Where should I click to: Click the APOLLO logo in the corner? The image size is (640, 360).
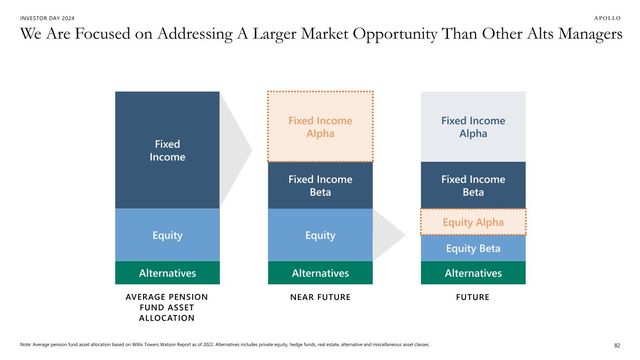coord(607,18)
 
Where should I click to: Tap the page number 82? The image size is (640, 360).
coord(617,345)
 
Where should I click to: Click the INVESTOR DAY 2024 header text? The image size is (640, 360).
coord(47,18)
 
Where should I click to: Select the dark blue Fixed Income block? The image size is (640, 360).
coord(167,150)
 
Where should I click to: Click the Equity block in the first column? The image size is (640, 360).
coord(167,235)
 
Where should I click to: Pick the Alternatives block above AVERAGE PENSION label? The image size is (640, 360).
coord(167,272)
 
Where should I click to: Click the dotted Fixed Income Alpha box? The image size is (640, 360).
coord(320,127)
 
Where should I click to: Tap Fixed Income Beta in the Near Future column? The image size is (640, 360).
coord(320,186)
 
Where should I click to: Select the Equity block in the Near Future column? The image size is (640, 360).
coord(320,235)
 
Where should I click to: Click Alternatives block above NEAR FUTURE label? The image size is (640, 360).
coord(320,272)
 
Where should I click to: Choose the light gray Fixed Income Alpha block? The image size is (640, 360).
coord(473,127)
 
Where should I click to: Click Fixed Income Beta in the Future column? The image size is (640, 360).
coord(473,185)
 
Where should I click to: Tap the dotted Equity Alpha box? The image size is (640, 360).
coord(473,222)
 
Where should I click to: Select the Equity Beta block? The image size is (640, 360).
coord(473,248)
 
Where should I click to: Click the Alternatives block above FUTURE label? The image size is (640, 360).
coord(473,272)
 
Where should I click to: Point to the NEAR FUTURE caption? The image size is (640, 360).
coord(320,297)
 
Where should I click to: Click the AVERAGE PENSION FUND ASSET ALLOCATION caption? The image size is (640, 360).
coord(167,307)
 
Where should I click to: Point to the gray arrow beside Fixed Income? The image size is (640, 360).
coord(234,150)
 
